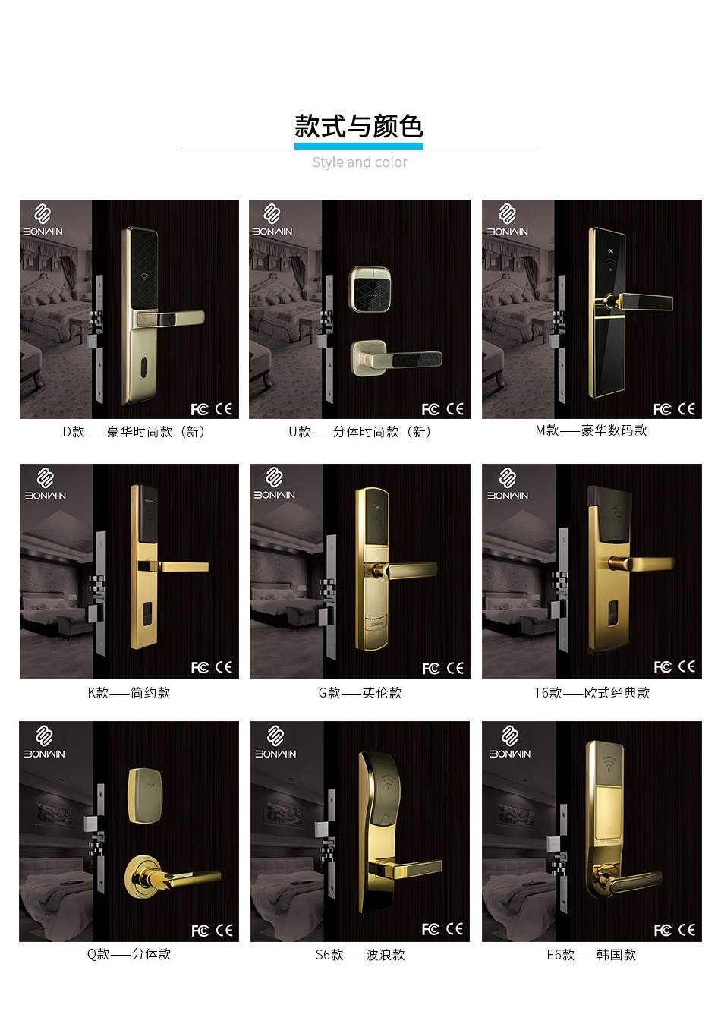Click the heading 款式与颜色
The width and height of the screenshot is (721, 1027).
coord(359,126)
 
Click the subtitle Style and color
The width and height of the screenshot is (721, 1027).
coord(360,162)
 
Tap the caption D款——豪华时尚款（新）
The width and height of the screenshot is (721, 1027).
coord(134,432)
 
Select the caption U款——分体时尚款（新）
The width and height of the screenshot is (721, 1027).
coord(360,432)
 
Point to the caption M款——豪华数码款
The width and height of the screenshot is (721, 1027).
coord(591,430)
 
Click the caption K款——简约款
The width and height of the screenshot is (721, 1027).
coord(129,693)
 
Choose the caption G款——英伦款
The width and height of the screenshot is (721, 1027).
coord(360,693)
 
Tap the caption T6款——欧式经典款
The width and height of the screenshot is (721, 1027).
coord(591,693)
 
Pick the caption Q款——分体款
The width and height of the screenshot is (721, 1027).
coord(129,954)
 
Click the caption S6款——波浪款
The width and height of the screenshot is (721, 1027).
coord(360,955)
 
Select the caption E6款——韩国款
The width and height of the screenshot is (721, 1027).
coord(591,955)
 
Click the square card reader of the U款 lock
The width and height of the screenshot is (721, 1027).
coord(370,288)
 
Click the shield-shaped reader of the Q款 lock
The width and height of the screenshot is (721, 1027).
coord(146,795)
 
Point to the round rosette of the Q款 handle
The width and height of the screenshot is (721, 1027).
coord(144,877)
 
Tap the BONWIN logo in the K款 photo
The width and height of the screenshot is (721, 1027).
coord(46,485)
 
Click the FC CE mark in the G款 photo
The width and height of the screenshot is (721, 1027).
coord(442,668)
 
